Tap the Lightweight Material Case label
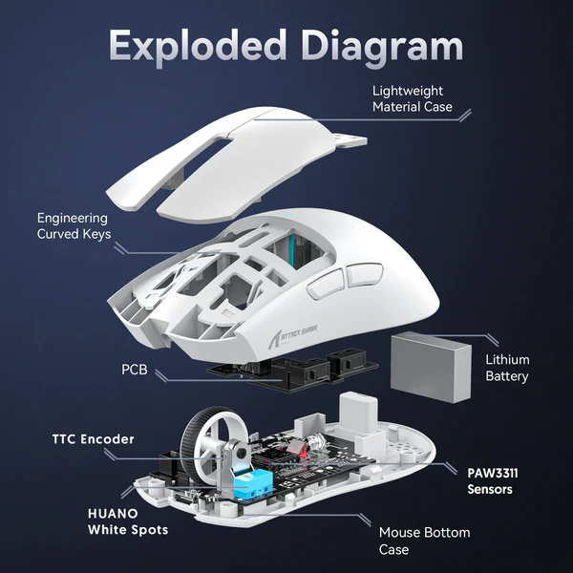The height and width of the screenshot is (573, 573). coord(413,98)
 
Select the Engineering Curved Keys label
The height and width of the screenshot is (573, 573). coord(74,225)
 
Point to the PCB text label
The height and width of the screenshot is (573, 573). coord(134,369)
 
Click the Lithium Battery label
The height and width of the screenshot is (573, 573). coord(507,368)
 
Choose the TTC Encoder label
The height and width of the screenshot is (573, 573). coord(93,439)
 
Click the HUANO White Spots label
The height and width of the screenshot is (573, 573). coord(128,520)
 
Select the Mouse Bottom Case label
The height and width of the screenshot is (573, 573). coord(424,541)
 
